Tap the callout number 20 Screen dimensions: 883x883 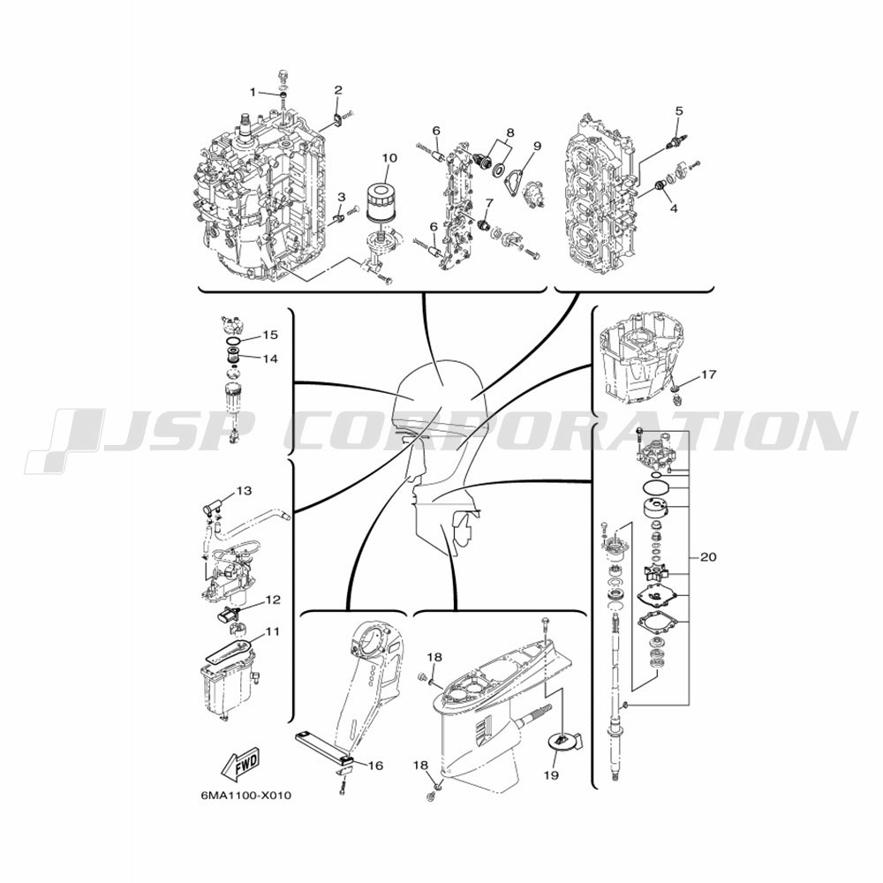[708, 557]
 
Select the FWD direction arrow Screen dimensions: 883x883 [240, 764]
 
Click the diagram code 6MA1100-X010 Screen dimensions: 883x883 [246, 796]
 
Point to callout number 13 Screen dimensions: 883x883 [244, 491]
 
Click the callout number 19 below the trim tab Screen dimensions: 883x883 [551, 775]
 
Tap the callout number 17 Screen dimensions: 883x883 [708, 374]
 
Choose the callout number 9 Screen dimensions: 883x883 [537, 146]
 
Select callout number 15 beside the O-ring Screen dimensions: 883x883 [270, 335]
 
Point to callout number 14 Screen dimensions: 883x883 [270, 358]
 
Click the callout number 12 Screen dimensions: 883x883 [273, 600]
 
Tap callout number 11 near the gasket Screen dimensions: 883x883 [273, 632]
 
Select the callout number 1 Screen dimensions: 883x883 [253, 92]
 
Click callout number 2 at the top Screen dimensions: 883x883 [338, 89]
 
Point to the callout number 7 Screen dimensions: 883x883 [489, 201]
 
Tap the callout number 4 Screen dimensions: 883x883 [674, 208]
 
